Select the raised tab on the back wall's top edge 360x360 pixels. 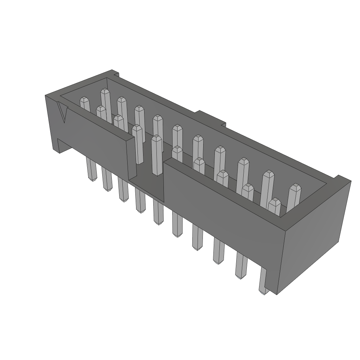coord(210,117)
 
